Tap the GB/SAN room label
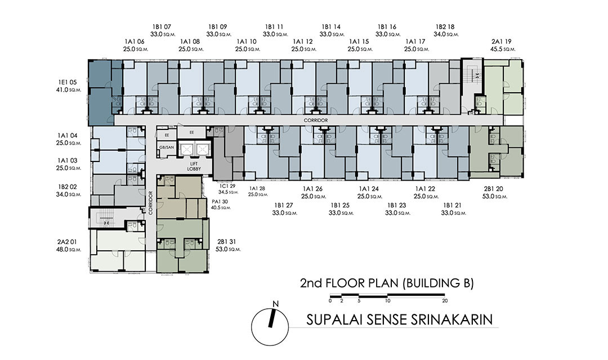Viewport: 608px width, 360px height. click(x=167, y=147)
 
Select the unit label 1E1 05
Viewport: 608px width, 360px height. click(x=68, y=82)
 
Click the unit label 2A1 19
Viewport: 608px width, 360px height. click(x=502, y=42)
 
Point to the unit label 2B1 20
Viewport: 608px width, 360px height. click(x=494, y=189)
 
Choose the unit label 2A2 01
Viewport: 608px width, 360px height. click(x=67, y=242)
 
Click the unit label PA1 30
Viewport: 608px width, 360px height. click(x=220, y=201)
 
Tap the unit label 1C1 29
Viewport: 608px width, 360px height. click(x=227, y=186)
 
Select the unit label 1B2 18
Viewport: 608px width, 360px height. click(x=445, y=27)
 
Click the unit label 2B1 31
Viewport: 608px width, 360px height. click(x=226, y=242)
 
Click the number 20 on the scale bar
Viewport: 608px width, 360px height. click(x=445, y=301)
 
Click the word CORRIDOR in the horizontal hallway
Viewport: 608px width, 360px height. click(x=316, y=120)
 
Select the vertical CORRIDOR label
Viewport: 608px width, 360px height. click(x=150, y=203)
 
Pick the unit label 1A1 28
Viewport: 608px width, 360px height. click(x=257, y=189)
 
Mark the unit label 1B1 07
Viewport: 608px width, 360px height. click(x=162, y=27)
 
